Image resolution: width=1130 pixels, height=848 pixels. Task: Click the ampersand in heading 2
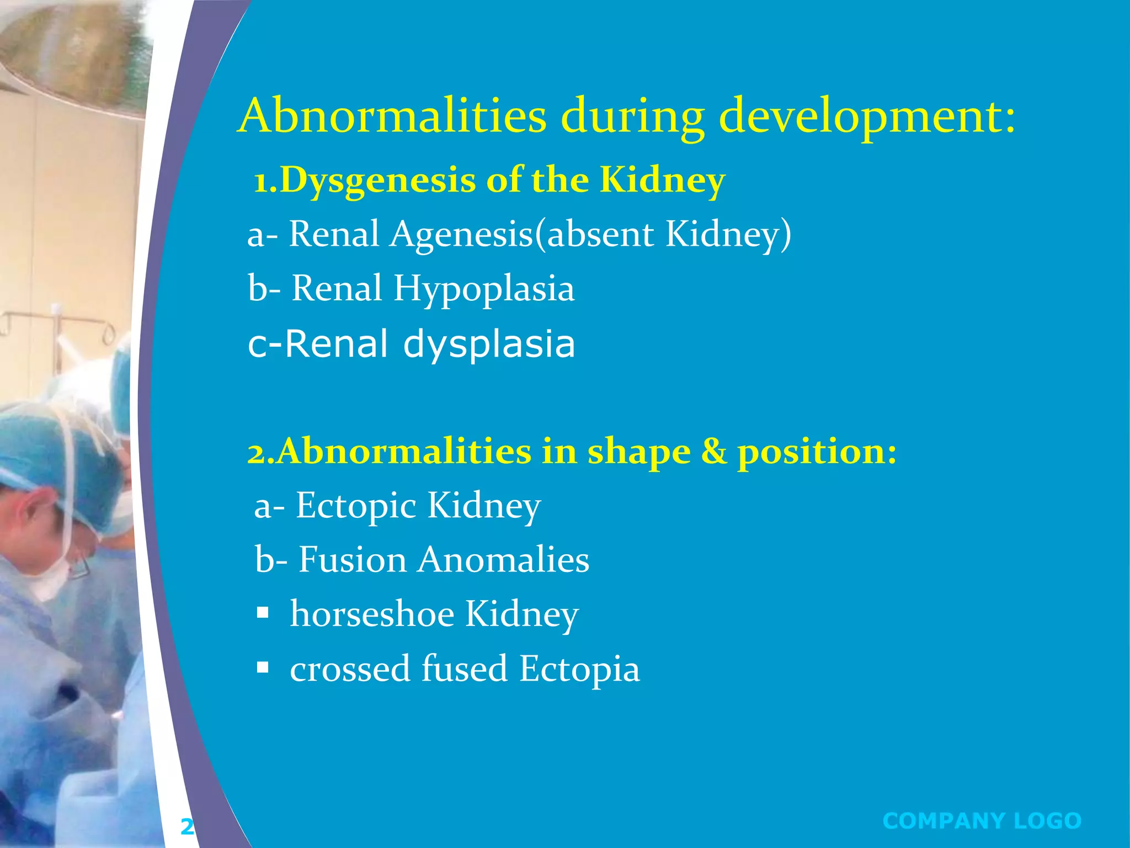tap(714, 452)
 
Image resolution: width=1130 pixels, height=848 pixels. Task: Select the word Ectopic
tap(356, 505)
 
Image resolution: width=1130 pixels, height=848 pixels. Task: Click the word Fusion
tap(353, 560)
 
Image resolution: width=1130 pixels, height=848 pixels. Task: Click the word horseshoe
tap(372, 614)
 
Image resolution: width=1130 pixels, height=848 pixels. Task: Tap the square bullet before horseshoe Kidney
tap(263, 613)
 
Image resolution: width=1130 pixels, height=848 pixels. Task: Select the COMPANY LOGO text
tap(982, 820)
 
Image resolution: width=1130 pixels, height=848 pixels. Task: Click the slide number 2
tap(187, 827)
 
